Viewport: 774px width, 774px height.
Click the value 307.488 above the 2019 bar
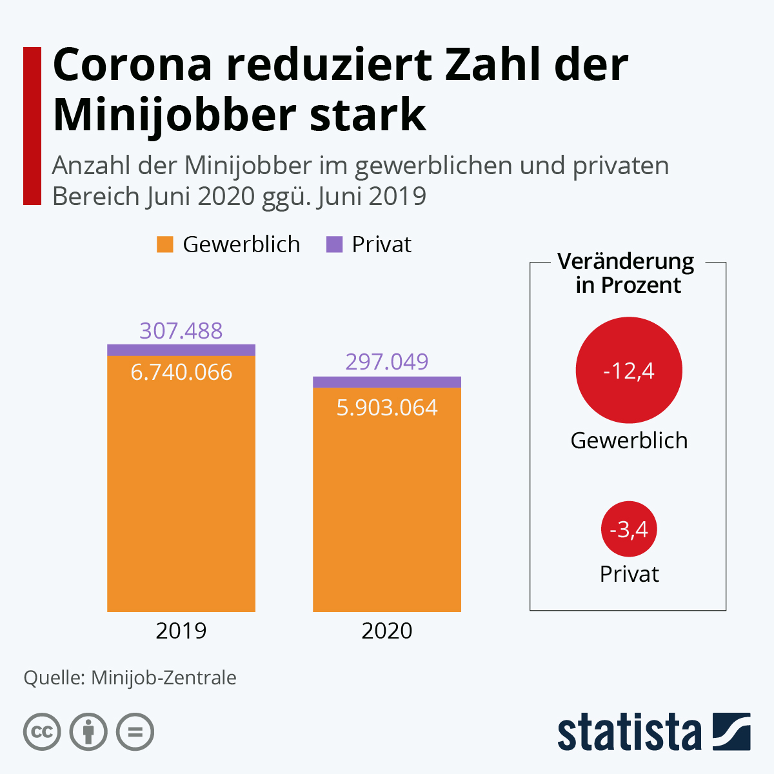click(181, 330)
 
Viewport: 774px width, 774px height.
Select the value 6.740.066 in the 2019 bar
click(181, 372)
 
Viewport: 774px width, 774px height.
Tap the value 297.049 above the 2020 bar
click(387, 361)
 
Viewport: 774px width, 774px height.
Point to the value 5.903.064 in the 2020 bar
click(387, 408)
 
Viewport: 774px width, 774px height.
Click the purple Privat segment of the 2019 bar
click(181, 350)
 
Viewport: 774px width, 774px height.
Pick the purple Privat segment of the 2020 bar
click(387, 382)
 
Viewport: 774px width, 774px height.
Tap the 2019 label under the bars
click(181, 630)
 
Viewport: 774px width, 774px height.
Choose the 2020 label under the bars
click(387, 630)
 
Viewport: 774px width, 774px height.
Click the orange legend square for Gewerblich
click(165, 244)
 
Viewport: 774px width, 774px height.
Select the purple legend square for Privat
click(334, 244)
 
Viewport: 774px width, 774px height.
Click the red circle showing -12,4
click(629, 370)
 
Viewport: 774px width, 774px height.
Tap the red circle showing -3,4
click(629, 530)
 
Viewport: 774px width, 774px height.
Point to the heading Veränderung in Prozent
click(627, 273)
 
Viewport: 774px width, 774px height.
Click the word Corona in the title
click(133, 64)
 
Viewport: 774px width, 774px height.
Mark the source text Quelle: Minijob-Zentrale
click(130, 677)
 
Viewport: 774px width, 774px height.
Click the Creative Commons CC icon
click(42, 732)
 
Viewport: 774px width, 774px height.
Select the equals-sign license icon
click(135, 732)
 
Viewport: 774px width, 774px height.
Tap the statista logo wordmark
click(629, 732)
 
